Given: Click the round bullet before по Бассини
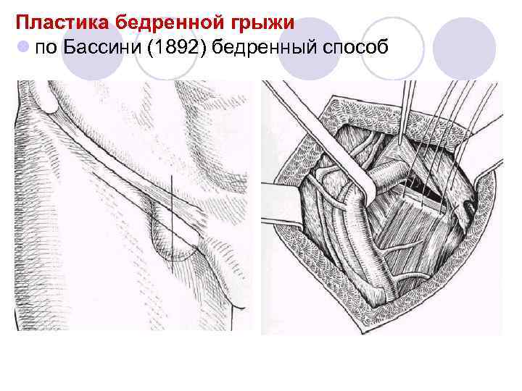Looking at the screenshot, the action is point(24,47).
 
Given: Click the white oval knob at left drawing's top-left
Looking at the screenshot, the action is point(49,101).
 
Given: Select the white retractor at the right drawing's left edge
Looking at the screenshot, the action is point(279,195).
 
